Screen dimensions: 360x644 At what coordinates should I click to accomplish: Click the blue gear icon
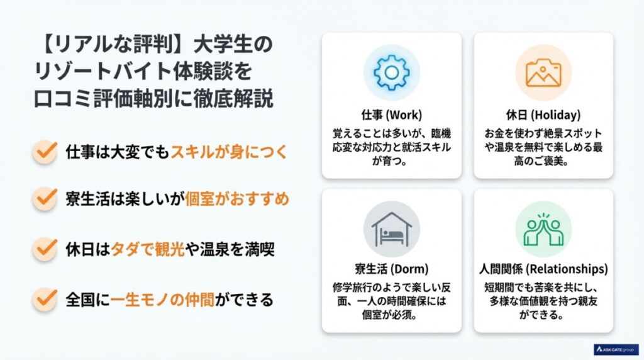391,73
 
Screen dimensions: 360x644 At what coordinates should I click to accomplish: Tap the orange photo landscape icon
543,73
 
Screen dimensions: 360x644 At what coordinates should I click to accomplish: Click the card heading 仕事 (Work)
391,115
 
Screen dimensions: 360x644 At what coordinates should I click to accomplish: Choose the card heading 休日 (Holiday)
543,115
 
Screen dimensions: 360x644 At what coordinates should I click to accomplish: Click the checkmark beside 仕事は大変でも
45,152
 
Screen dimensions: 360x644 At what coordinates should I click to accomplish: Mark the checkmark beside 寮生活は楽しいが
45,199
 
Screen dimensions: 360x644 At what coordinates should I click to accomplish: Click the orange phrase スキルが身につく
229,152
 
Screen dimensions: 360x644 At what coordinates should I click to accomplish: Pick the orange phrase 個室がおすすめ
237,199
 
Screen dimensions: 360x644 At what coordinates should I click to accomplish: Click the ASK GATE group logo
616,349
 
